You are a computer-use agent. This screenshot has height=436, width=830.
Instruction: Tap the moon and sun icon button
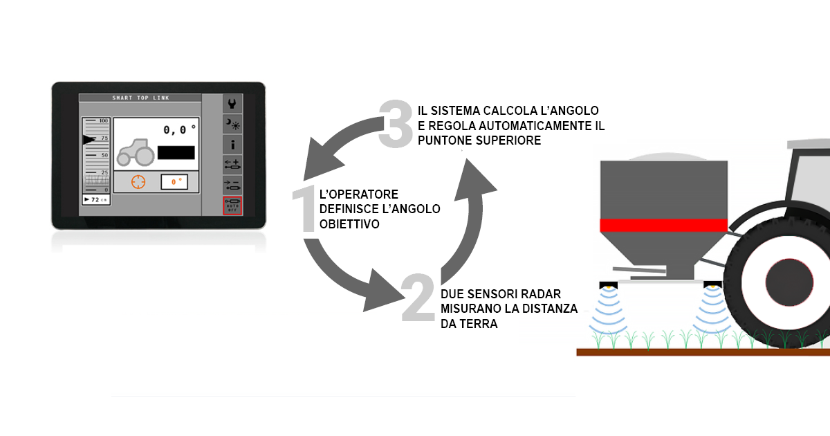[232, 124]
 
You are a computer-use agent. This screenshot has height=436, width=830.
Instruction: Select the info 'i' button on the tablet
[232, 145]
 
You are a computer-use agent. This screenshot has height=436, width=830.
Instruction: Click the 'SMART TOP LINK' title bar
[140, 98]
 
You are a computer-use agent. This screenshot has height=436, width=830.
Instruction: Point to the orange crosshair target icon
[138, 181]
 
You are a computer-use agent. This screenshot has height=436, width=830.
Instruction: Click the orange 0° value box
[174, 182]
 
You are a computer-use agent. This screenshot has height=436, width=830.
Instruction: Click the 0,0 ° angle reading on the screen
[179, 129]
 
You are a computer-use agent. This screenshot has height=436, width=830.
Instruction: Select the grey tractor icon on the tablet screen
[136, 152]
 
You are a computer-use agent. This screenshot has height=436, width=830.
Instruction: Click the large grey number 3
[396, 125]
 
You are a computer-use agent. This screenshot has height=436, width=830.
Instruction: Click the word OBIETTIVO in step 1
[349, 224]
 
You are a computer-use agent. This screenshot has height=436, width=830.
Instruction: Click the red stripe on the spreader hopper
[663, 225]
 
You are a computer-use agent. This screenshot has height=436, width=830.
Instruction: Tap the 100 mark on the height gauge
[103, 121]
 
